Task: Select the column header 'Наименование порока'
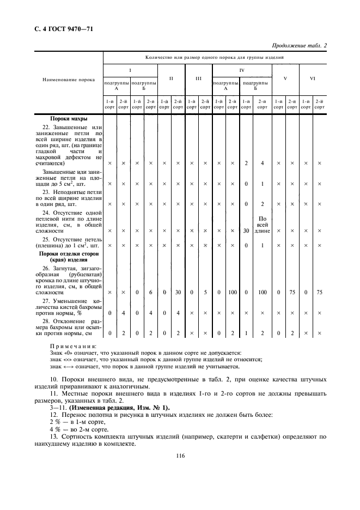click(x=69, y=80)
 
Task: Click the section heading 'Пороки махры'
click(x=69, y=118)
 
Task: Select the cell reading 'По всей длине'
click(x=262, y=224)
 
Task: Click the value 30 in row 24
click(x=246, y=230)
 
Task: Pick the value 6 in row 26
click(x=151, y=293)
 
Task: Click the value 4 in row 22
click(x=262, y=163)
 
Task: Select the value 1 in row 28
click(x=246, y=333)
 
